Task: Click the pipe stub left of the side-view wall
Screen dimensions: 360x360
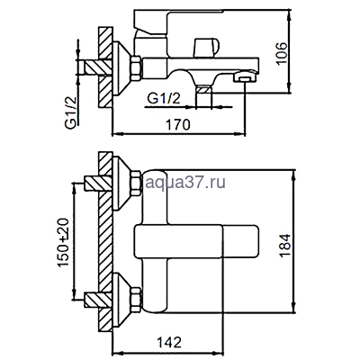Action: tap(90, 67)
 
